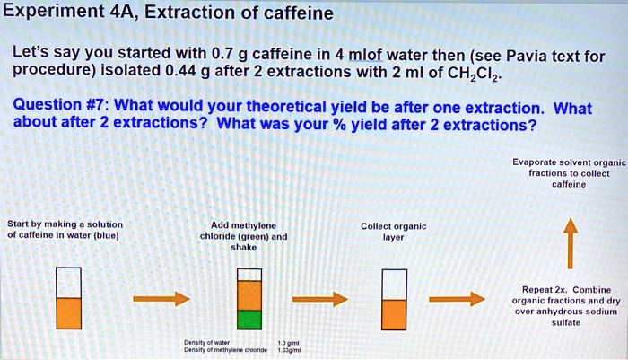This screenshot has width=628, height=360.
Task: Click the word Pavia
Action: [521, 55]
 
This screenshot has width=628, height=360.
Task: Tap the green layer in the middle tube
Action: [250, 319]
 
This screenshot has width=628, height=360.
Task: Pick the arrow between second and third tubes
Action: [319, 298]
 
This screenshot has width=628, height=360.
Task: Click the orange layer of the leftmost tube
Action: [69, 312]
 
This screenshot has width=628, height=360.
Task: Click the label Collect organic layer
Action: [393, 232]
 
